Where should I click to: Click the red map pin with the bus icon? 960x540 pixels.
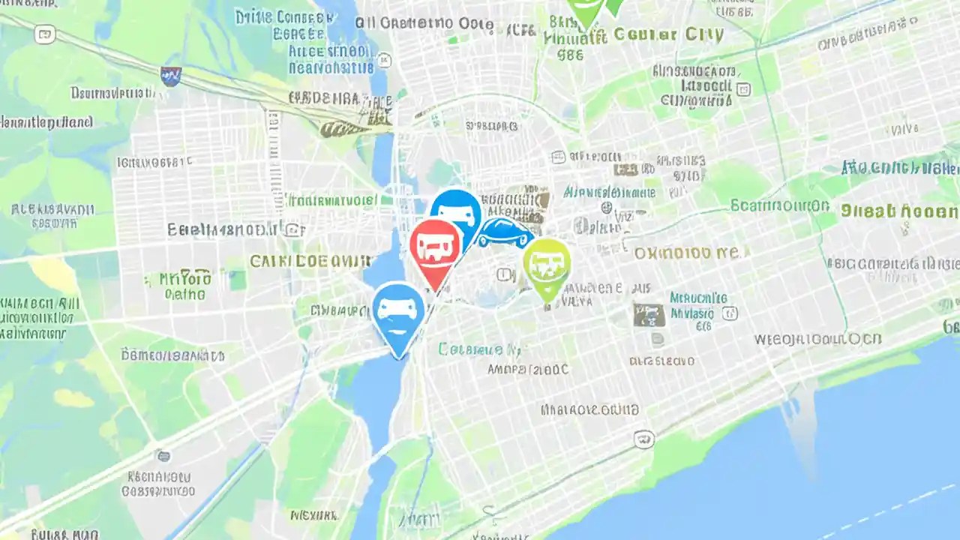point(435,245)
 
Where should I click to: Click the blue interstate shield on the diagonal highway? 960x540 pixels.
point(171,75)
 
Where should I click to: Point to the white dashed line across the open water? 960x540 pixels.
point(885,510)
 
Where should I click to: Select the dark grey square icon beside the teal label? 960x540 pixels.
point(649,315)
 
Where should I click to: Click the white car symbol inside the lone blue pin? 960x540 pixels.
point(398,307)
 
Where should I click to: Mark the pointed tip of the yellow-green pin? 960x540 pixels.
point(548,303)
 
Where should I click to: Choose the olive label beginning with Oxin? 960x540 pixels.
point(690,253)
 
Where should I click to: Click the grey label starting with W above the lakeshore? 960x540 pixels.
point(817,339)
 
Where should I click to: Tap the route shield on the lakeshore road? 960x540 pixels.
point(643,439)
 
